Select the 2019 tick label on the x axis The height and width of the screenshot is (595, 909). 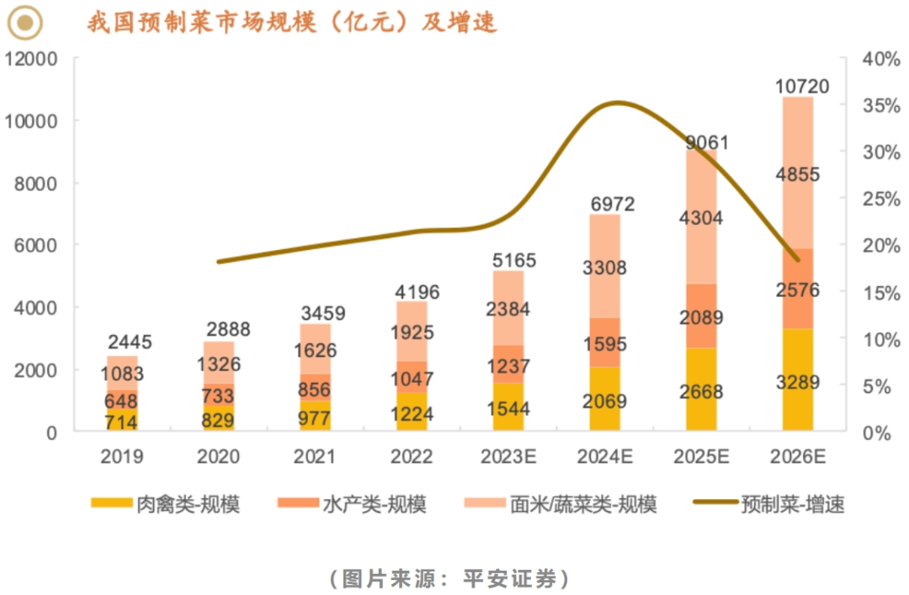(122, 457)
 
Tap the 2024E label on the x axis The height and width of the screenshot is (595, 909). (605, 457)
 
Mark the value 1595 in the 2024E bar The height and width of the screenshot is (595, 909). (605, 343)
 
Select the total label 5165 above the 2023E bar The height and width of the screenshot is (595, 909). (508, 261)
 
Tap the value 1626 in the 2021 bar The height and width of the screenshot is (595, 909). (315, 350)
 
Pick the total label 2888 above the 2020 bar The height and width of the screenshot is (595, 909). (218, 330)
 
